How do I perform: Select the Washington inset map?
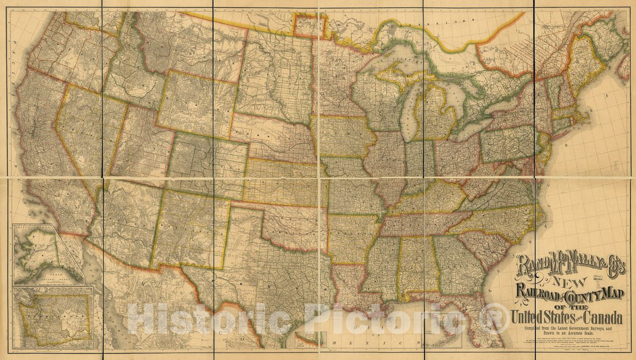pos(53,317)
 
